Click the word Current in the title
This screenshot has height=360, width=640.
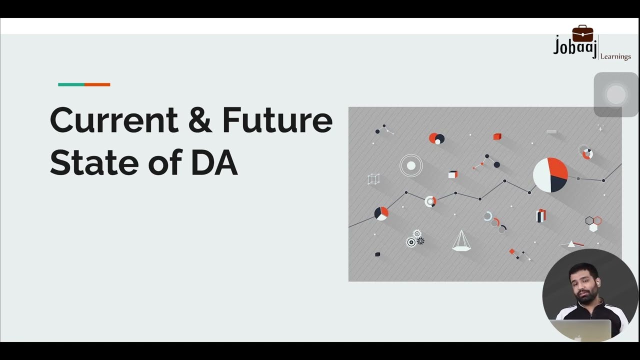point(114,120)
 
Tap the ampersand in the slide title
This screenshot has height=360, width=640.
point(200,120)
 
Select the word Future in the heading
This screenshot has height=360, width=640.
point(277,120)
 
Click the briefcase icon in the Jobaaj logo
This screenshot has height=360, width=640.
point(582,34)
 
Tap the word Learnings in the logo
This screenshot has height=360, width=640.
point(615,56)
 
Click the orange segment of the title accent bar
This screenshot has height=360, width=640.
point(97,84)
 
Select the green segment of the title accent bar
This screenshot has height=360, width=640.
point(71,84)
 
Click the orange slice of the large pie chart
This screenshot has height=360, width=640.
point(557,168)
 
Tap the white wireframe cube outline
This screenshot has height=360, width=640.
point(373,179)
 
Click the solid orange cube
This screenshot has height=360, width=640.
point(497,136)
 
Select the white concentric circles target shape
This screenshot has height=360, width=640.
point(411,165)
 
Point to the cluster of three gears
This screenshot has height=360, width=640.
point(415,238)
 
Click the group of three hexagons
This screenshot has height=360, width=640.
point(593,223)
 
